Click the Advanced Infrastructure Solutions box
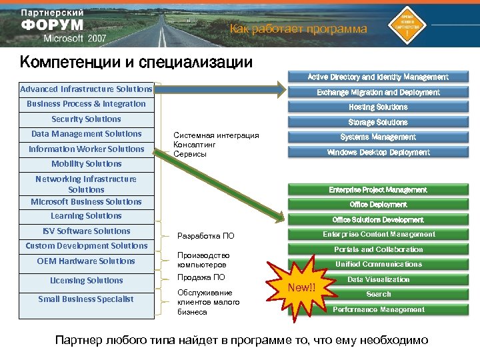click(x=86, y=89)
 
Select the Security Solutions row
click(x=86, y=119)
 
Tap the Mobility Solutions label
click(x=86, y=164)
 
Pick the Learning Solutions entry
click(x=86, y=216)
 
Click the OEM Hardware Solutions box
click(x=86, y=261)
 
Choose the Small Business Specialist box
click(x=86, y=299)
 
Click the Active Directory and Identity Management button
click(x=377, y=77)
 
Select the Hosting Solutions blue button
click(x=377, y=107)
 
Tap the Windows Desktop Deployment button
click(x=377, y=153)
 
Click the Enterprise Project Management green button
click(x=377, y=190)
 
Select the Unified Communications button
click(x=377, y=265)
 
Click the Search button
click(x=377, y=294)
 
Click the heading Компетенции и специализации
click(x=136, y=63)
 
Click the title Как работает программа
click(x=298, y=29)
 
